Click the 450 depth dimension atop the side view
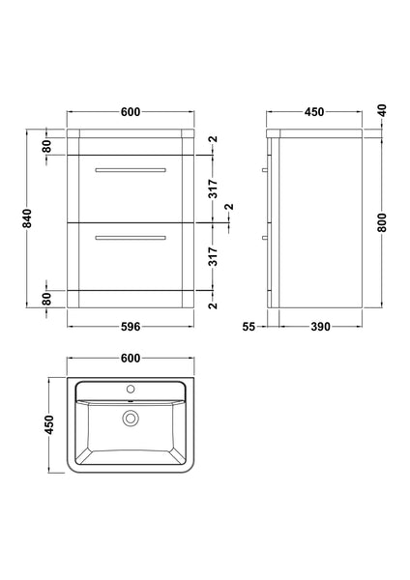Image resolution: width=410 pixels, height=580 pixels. click(x=314, y=112)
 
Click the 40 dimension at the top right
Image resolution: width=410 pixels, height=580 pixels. click(x=384, y=111)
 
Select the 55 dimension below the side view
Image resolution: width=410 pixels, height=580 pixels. click(x=249, y=327)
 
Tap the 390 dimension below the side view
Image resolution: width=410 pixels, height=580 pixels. click(x=321, y=327)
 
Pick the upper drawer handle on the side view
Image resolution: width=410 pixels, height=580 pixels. click(x=264, y=170)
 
